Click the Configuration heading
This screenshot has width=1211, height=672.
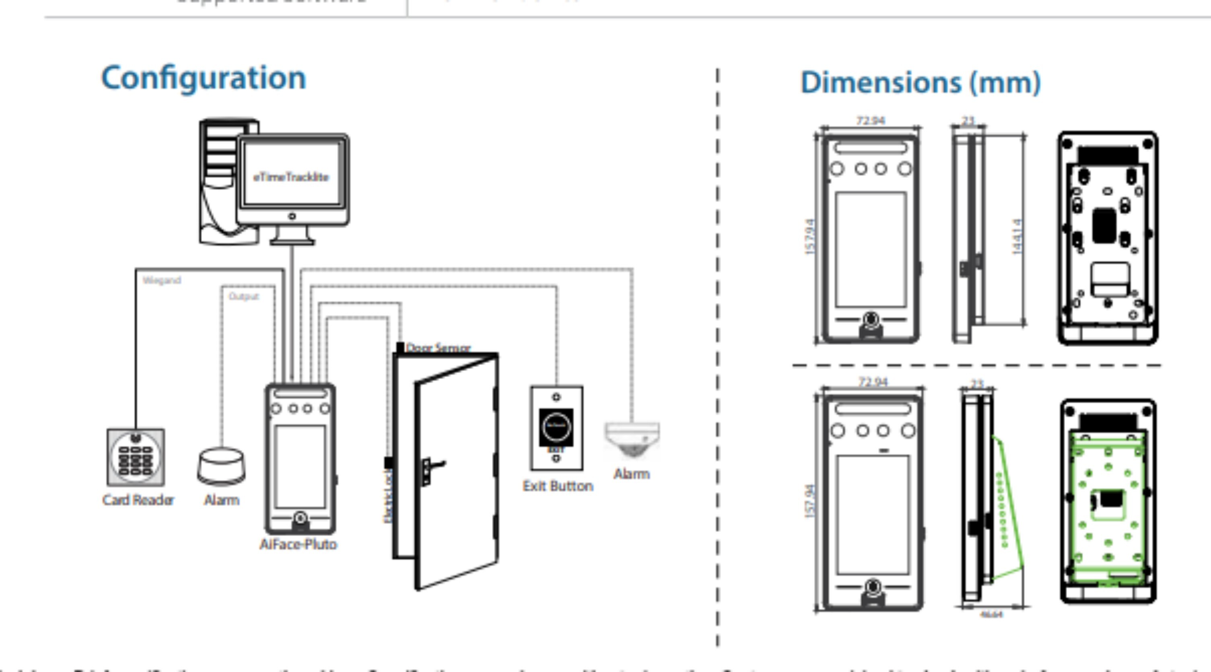[204, 78]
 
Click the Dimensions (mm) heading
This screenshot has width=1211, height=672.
[920, 83]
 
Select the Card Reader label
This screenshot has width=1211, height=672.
[138, 500]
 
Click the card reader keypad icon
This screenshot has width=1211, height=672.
[136, 457]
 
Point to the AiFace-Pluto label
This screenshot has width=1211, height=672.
[298, 544]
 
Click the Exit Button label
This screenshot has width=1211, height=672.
[558, 486]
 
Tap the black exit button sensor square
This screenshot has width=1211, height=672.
[556, 427]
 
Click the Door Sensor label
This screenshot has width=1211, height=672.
[438, 348]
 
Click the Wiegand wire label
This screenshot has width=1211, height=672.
[162, 281]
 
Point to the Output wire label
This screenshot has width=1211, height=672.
[243, 296]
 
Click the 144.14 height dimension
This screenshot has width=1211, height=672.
[1017, 237]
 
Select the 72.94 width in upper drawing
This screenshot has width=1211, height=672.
[870, 121]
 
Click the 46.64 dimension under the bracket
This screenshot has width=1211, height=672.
[991, 614]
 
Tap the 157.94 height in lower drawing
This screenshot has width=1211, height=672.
[809, 501]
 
